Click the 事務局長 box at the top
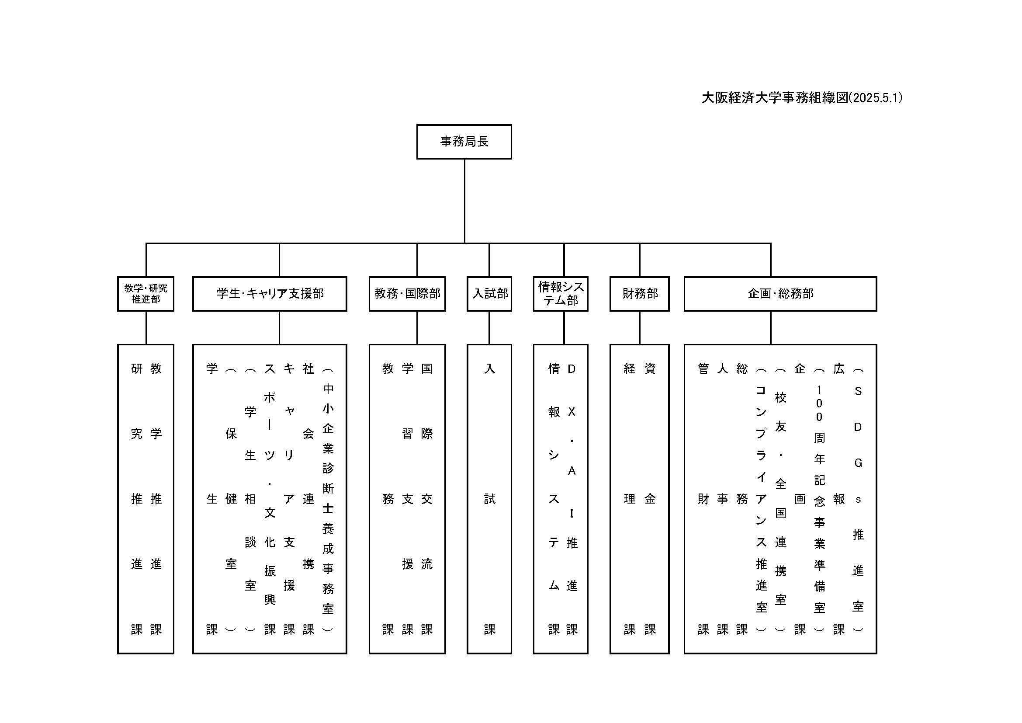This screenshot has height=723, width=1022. pyautogui.click(x=464, y=142)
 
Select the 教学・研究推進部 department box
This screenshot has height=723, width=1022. pyautogui.click(x=146, y=294)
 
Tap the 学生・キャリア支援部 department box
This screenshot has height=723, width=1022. pyautogui.click(x=270, y=294)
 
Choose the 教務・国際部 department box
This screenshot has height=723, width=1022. pyautogui.click(x=407, y=294)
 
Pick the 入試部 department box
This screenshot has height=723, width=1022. pyautogui.click(x=489, y=294)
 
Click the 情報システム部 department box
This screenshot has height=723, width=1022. pyautogui.click(x=561, y=294)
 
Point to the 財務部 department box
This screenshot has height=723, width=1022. pyautogui.click(x=639, y=294)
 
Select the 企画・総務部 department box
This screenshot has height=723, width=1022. pyautogui.click(x=780, y=294)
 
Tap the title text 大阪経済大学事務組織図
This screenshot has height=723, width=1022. pyautogui.click(x=775, y=98)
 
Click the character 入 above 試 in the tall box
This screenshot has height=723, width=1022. pyautogui.click(x=490, y=368)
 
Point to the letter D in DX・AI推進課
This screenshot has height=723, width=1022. pyautogui.click(x=572, y=368)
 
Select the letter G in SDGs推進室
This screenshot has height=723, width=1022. pyautogui.click(x=858, y=463)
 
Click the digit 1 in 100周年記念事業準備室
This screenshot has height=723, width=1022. pyautogui.click(x=819, y=390)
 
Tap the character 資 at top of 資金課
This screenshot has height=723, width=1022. pyautogui.click(x=650, y=368)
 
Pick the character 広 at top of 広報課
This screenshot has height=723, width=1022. pyautogui.click(x=839, y=368)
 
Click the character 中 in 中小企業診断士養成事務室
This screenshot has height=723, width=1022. pyautogui.click(x=328, y=389)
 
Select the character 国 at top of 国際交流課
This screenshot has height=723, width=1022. pyautogui.click(x=426, y=368)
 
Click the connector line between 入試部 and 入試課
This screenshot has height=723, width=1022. pyautogui.click(x=489, y=328)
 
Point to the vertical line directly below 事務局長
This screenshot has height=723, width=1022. pyautogui.click(x=465, y=200)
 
